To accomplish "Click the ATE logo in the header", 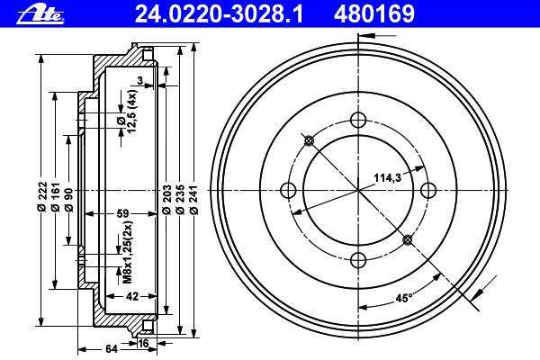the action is (x=40, y=14).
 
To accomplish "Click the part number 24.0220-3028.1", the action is (x=219, y=14).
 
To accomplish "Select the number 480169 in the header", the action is (x=374, y=14).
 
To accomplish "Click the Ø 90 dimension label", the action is (x=68, y=200).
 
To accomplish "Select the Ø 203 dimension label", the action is (x=167, y=200).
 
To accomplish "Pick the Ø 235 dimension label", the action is (x=181, y=200).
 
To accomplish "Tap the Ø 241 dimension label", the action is (x=193, y=200).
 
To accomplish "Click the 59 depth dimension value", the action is (x=122, y=213).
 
